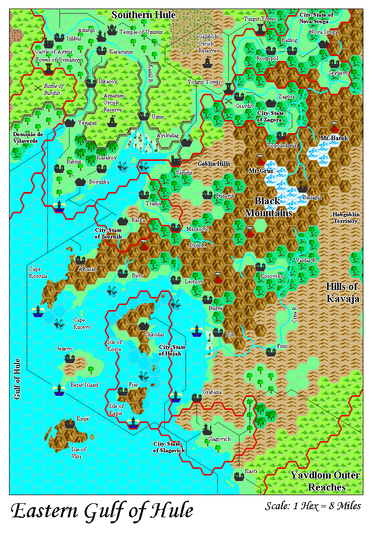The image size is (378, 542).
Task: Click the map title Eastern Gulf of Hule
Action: pyautogui.click(x=102, y=511)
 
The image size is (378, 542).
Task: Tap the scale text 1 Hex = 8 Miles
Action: pyautogui.click(x=313, y=506)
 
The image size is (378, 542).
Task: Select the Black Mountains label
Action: pyautogui.click(x=269, y=207)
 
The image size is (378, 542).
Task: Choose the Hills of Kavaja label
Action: pyautogui.click(x=342, y=292)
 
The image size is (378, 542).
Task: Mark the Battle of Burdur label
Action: pyautogui.click(x=55, y=89)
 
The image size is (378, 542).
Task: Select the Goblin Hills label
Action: pyautogui.click(x=214, y=164)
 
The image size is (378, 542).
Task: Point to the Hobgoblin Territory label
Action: pyautogui.click(x=345, y=217)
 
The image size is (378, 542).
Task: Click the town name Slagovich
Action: pyautogui.click(x=219, y=439)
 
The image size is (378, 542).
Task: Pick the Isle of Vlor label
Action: pyautogui.click(x=79, y=452)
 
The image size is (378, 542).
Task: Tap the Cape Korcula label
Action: pyautogui.click(x=38, y=272)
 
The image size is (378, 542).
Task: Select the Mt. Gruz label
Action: pyautogui.click(x=260, y=171)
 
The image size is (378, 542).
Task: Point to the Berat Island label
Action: pyautogui.click(x=84, y=385)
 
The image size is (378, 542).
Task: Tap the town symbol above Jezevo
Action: pyautogui.click(x=70, y=358)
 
